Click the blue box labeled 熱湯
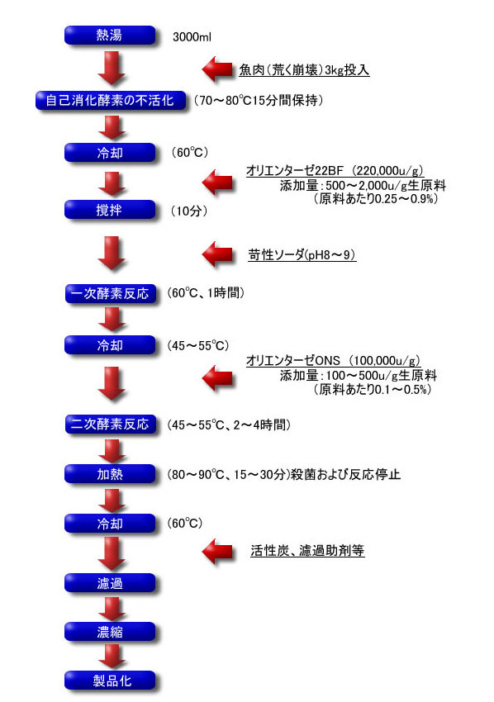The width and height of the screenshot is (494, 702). click(110, 36)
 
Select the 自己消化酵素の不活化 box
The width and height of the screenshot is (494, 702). click(110, 100)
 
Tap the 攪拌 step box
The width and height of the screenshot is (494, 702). click(110, 210)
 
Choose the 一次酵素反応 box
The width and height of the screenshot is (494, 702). click(111, 294)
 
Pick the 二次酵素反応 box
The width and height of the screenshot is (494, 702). click(111, 424)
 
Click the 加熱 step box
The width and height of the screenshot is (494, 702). click(110, 474)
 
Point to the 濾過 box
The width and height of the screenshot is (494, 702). click(110, 583)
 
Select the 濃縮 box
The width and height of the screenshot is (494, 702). click(110, 632)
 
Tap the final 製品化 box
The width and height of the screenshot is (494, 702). click(110, 681)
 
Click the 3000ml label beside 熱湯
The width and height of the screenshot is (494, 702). click(192, 37)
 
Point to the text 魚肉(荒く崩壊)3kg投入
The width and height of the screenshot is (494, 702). click(304, 70)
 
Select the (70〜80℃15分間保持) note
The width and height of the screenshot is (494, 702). click(259, 100)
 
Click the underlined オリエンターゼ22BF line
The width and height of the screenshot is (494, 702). click(335, 171)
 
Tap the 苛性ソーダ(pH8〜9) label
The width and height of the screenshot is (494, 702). click(302, 254)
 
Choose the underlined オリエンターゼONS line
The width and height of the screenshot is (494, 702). click(333, 360)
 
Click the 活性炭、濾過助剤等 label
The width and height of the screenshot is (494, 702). click(307, 550)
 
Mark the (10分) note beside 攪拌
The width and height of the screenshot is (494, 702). click(189, 211)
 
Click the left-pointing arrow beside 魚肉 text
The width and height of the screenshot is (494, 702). click(217, 69)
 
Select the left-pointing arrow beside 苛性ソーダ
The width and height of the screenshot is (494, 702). click(217, 254)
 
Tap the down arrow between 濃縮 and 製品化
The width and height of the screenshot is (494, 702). click(112, 656)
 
